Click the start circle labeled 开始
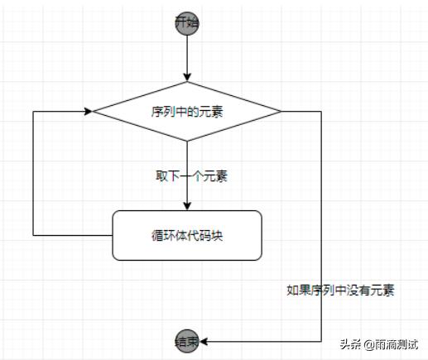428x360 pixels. tap(187, 23)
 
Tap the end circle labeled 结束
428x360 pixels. tap(187, 341)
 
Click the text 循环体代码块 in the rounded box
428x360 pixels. tap(187, 235)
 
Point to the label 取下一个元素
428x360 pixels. tap(192, 176)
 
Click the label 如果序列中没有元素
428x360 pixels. tap(340, 290)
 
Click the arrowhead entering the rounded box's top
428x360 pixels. tap(187, 205)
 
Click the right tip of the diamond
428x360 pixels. tap(281, 111)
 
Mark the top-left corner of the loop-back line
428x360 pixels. tap(32, 111)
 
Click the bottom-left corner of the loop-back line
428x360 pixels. tap(32, 235)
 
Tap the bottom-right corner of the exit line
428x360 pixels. tap(321, 341)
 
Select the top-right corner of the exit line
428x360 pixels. tap(321, 111)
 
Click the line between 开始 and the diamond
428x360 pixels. tap(187, 55)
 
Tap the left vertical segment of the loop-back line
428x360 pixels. tap(32, 174)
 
